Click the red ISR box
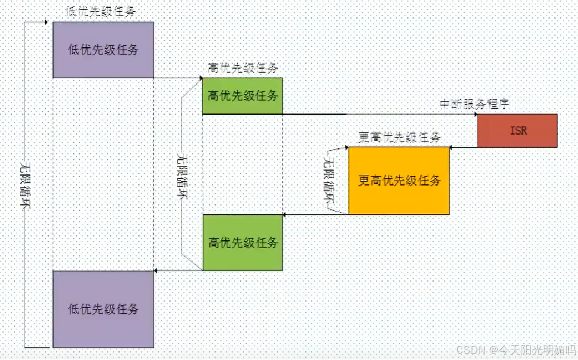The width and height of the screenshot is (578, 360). [x=517, y=130]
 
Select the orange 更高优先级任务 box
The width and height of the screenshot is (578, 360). [x=399, y=181]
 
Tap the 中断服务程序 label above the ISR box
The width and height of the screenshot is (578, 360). [x=474, y=104]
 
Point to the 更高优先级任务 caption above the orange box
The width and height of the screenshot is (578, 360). [x=399, y=137]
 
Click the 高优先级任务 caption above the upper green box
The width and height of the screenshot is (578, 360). [x=243, y=68]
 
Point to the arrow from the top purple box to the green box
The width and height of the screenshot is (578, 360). [x=178, y=78]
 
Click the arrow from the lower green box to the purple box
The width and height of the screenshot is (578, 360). [x=178, y=271]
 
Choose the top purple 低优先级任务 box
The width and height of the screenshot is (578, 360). [x=103, y=50]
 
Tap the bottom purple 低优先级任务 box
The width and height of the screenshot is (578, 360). [x=103, y=309]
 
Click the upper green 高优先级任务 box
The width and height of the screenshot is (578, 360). [x=242, y=95]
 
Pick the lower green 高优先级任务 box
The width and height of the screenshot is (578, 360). [x=242, y=242]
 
